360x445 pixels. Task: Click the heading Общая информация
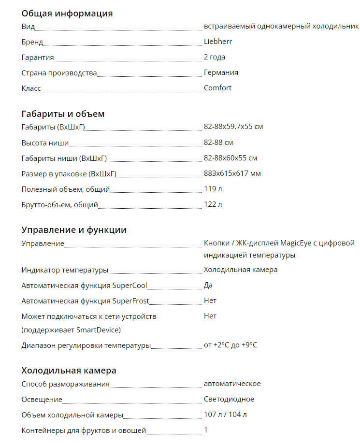[x=67, y=13]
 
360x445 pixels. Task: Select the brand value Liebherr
[x=218, y=42]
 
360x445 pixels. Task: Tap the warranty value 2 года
[x=215, y=57]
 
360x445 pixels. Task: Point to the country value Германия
[x=221, y=72]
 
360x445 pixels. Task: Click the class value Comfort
[x=217, y=88]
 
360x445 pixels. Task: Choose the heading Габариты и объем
[x=63, y=114]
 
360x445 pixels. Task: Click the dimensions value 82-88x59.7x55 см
[x=233, y=127]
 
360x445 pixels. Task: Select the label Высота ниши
[x=45, y=143]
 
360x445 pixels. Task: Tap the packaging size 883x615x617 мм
[x=232, y=173]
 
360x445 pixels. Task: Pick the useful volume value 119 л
[x=213, y=189]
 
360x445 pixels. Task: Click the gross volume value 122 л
[x=213, y=204]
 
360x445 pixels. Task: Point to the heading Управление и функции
[x=74, y=230]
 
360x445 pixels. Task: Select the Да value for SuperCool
[x=208, y=285]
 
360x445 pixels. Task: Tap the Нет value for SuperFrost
[x=210, y=301]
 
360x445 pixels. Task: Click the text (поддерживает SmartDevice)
[x=71, y=330]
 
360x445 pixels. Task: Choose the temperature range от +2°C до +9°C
[x=230, y=345]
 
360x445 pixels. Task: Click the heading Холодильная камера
[x=69, y=371]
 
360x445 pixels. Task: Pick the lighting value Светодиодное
[x=229, y=399]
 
